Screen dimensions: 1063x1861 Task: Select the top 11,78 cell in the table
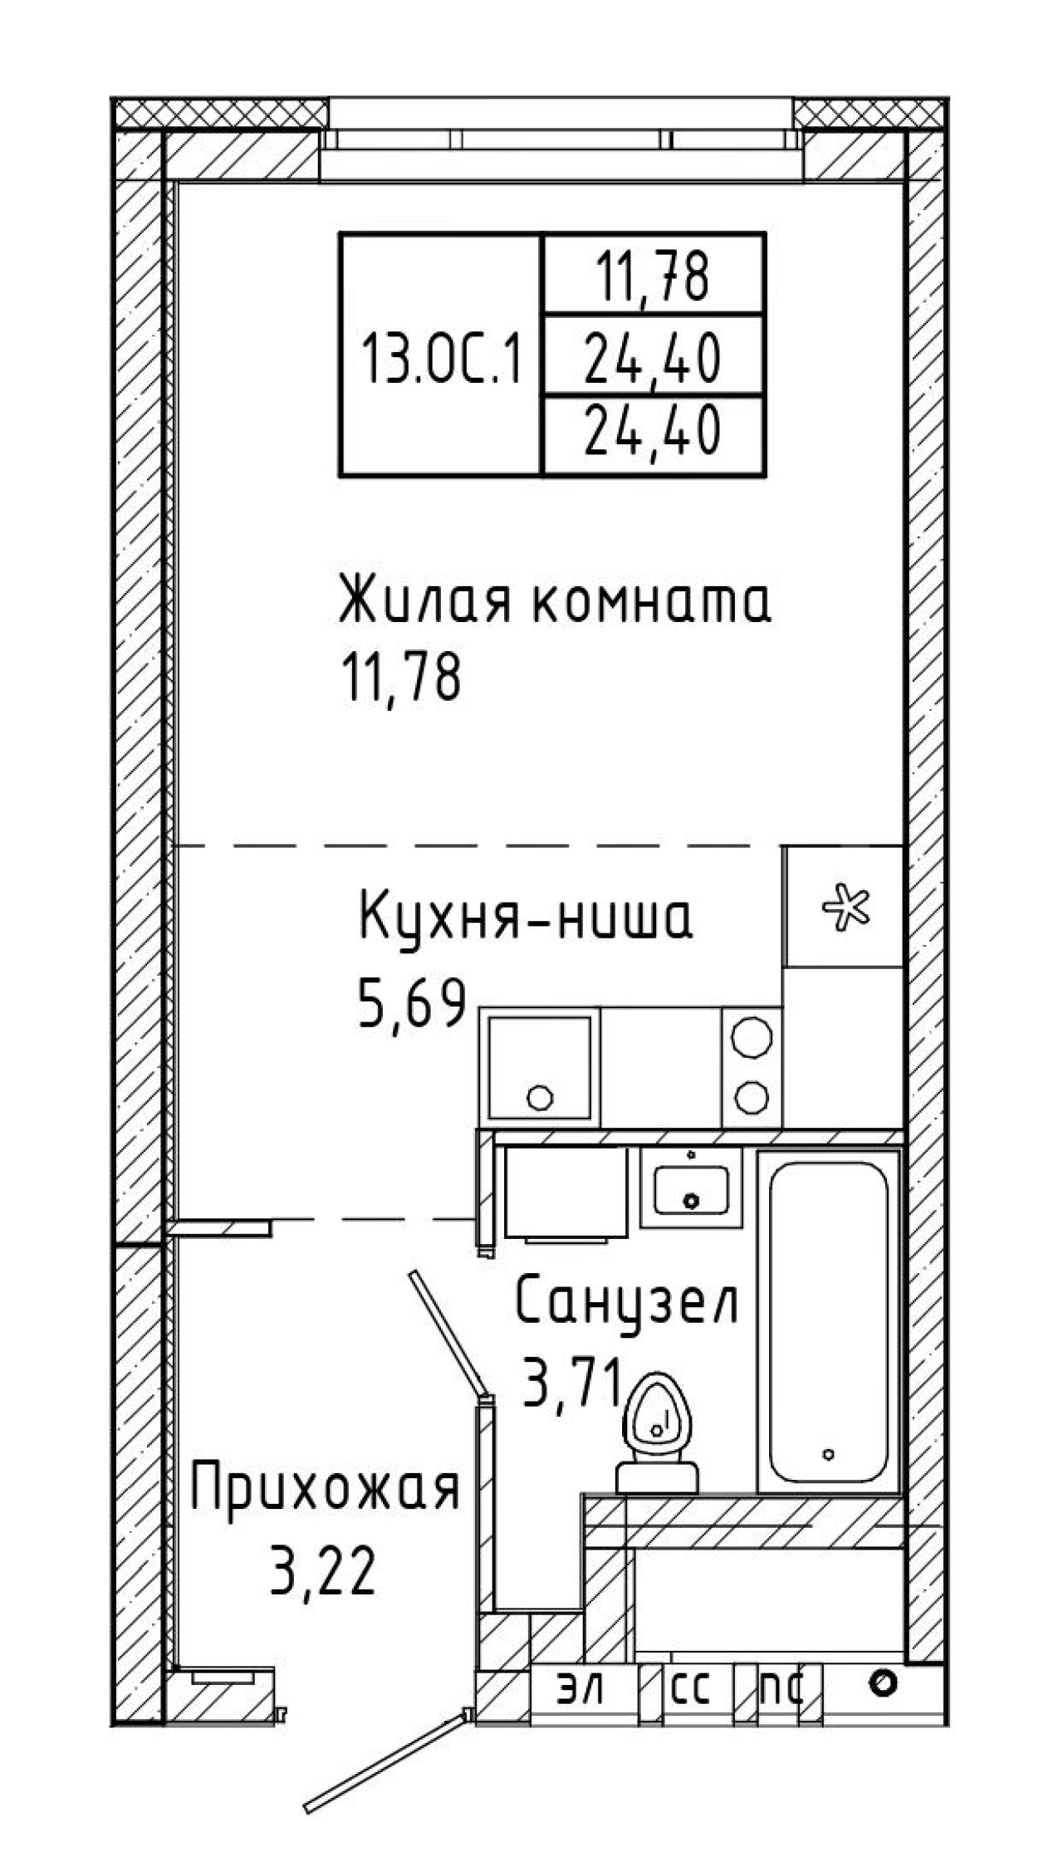(x=652, y=276)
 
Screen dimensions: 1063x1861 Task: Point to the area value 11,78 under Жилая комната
(x=400, y=678)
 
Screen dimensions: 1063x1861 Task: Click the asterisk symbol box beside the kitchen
(x=844, y=906)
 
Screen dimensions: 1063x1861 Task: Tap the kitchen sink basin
(x=541, y=1067)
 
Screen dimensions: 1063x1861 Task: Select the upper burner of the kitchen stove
(x=752, y=1037)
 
